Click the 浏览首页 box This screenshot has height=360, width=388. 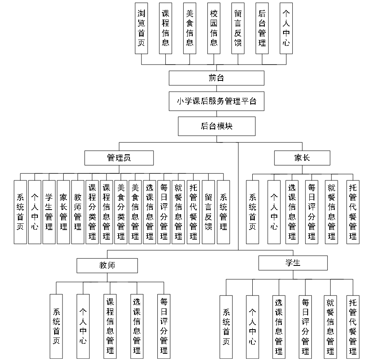click(x=142, y=28)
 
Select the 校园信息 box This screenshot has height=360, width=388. click(x=214, y=28)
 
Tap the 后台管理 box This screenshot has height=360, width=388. click(x=262, y=28)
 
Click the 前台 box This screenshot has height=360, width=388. click(x=216, y=78)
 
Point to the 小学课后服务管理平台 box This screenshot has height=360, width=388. click(x=216, y=101)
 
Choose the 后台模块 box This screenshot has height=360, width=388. click(x=216, y=126)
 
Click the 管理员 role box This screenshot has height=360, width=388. click(x=119, y=158)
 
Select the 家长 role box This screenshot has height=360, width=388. click(x=302, y=158)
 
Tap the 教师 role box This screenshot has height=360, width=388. click(x=107, y=265)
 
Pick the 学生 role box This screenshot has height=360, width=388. click(x=293, y=263)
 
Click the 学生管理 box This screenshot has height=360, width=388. click(x=49, y=212)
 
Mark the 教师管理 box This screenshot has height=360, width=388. click(x=78, y=212)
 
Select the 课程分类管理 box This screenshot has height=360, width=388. click(x=92, y=212)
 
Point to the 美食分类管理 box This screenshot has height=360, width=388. click(x=121, y=212)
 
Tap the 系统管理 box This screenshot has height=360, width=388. click(x=223, y=212)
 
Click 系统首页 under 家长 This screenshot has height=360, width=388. click(x=253, y=212)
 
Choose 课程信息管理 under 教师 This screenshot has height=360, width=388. click(x=110, y=326)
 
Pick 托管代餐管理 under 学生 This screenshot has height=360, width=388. click(x=353, y=326)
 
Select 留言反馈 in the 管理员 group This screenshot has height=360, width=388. click(x=209, y=212)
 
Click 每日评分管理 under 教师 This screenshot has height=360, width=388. click(x=164, y=326)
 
